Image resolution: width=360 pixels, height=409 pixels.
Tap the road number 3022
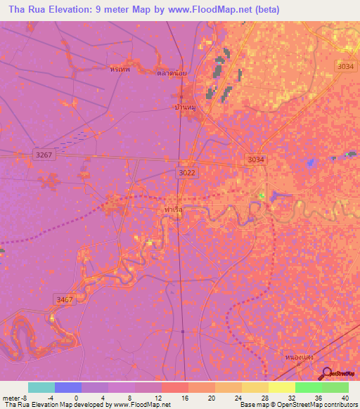click(187, 172)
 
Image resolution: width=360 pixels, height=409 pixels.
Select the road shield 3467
click(64, 299)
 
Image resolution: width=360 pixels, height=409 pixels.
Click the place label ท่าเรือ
click(173, 209)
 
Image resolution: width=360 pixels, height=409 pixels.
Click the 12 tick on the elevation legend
click(160, 398)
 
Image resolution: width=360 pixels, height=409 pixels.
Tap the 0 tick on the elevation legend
click(81, 398)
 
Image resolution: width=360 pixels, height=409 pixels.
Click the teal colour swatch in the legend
click(41, 387)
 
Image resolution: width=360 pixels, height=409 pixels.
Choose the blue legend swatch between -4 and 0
click(68, 387)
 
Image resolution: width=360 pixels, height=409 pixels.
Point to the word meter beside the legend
click(11, 398)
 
